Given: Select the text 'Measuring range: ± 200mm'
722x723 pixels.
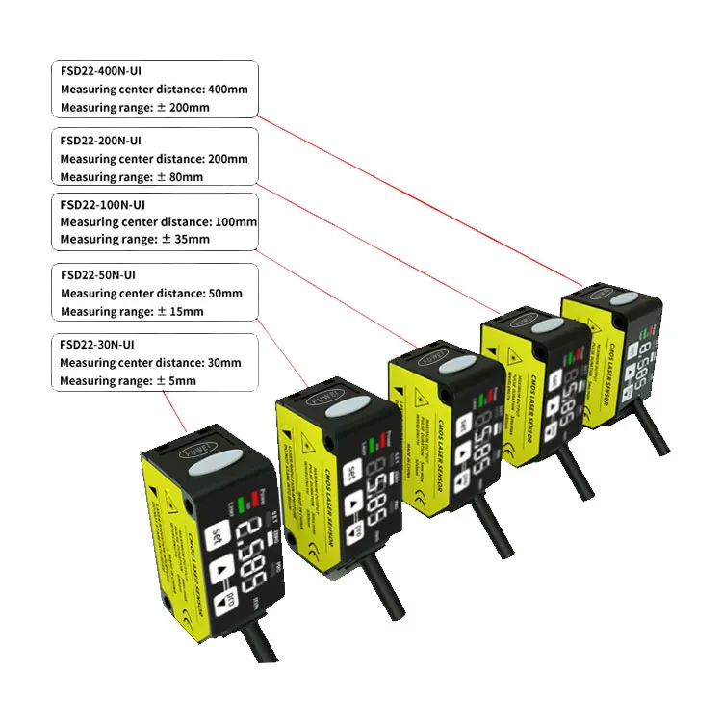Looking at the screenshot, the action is [x=134, y=108].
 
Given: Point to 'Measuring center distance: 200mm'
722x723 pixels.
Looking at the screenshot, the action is [x=153, y=159].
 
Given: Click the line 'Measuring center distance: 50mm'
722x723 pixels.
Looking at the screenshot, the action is [x=150, y=293].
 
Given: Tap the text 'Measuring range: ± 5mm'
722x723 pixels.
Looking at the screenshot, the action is [x=127, y=381].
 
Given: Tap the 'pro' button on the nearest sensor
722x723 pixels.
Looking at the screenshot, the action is [x=230, y=600].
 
